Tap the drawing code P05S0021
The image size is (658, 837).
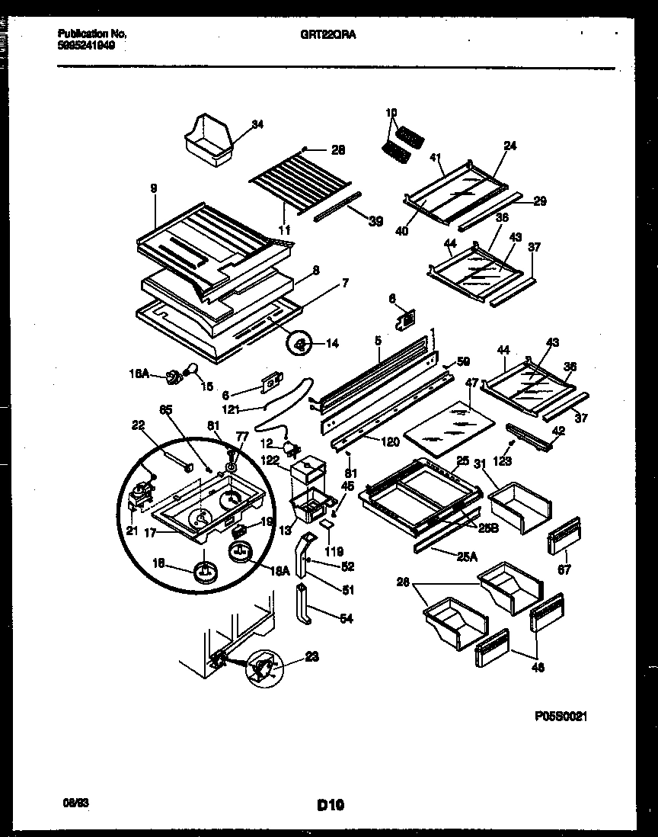coord(562,717)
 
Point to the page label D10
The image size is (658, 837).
coord(330,803)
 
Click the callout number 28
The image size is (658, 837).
coord(338,150)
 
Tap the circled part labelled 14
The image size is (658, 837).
coord(299,345)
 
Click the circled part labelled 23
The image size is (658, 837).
coord(261,669)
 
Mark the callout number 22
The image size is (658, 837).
coord(138,426)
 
